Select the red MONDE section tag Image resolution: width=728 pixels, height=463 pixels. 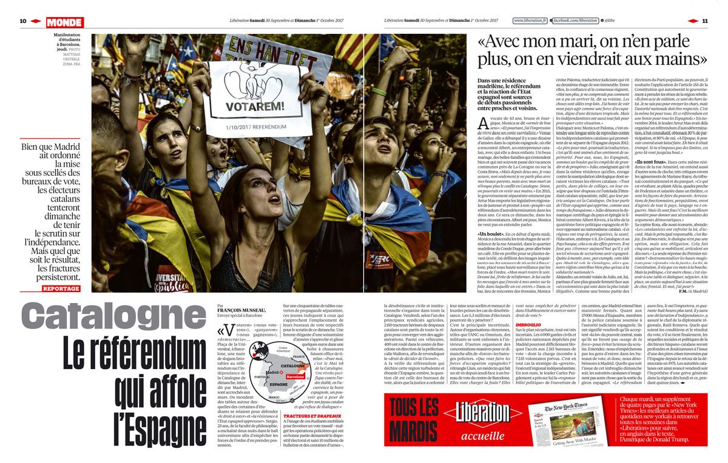tap(64, 22)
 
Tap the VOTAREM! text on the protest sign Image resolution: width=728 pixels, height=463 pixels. tap(257, 108)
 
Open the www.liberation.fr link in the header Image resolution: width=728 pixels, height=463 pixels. tap(530, 21)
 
